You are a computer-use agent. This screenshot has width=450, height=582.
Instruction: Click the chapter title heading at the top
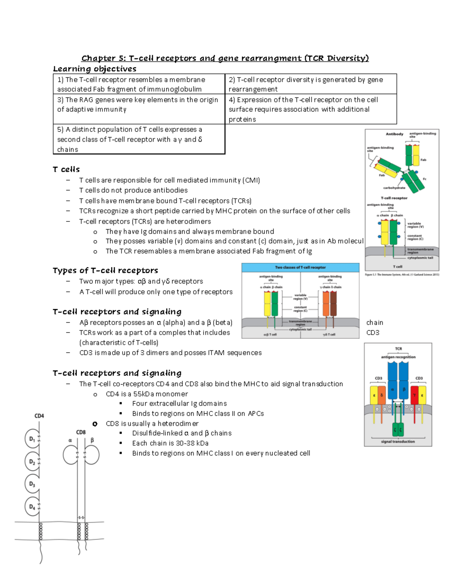point(225,58)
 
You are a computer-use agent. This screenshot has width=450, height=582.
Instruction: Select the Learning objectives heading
point(94,69)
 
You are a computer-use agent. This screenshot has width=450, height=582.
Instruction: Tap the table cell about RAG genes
point(139,105)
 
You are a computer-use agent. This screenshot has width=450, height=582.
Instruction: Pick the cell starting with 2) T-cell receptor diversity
point(310,84)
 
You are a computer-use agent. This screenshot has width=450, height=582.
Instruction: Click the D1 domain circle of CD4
point(32,439)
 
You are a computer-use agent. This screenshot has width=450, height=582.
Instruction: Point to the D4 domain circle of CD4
point(32,507)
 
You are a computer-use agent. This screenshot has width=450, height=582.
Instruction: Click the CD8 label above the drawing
point(81,432)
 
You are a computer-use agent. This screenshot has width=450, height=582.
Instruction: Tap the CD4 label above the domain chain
point(39,416)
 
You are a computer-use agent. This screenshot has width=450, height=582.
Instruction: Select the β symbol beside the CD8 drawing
point(92,440)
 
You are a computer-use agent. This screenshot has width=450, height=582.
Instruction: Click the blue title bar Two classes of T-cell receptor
point(300,268)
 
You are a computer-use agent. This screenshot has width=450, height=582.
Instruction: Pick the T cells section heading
point(66,169)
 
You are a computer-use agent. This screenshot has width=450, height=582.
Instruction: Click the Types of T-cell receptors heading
point(105,271)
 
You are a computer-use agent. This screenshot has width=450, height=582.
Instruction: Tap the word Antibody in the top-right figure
point(394,134)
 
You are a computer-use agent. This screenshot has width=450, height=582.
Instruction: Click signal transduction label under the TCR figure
point(398,442)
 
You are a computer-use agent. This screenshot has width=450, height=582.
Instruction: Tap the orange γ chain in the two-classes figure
point(325,304)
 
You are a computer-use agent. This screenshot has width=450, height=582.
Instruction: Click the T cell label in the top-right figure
point(397,267)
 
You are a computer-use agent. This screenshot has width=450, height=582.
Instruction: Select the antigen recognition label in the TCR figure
point(398,357)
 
